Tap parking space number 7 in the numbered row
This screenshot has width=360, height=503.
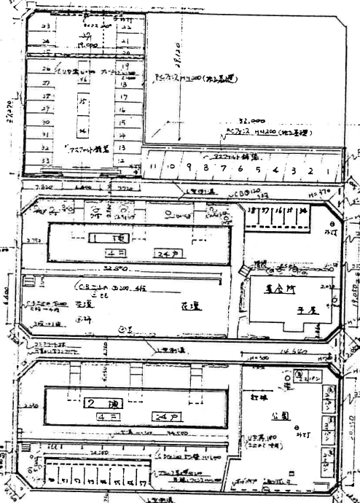point(224,169)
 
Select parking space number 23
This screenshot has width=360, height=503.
point(47,26)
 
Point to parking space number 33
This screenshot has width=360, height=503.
point(46,160)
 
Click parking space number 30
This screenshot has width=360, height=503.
point(45,122)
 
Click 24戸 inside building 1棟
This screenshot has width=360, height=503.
point(166,252)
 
